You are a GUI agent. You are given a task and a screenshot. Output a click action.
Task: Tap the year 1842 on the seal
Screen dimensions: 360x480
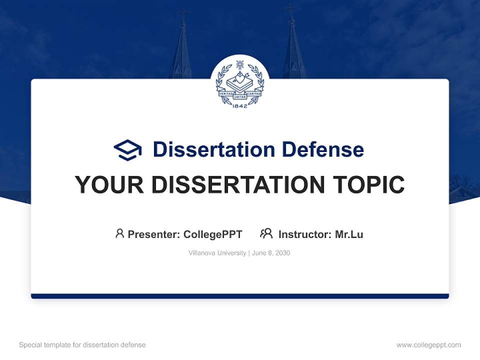click(240, 106)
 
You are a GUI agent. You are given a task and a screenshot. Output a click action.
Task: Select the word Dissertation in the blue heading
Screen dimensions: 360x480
click(213, 149)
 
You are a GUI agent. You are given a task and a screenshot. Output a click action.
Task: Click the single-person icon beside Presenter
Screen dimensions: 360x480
click(119, 233)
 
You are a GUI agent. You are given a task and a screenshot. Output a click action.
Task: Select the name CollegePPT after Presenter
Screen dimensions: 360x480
click(213, 234)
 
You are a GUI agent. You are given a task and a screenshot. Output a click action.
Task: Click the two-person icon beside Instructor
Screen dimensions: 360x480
click(266, 233)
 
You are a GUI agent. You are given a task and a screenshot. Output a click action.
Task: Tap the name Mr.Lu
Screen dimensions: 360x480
click(349, 234)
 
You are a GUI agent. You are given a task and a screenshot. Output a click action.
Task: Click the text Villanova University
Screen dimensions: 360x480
click(217, 253)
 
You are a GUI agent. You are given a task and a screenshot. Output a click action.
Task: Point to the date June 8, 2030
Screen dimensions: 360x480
click(271, 253)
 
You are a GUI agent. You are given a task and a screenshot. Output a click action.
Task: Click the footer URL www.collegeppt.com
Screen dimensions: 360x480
click(428, 345)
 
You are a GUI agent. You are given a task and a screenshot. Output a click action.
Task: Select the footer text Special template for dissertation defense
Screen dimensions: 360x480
click(82, 345)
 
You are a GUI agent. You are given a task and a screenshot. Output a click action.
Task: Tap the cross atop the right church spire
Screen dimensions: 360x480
click(290, 8)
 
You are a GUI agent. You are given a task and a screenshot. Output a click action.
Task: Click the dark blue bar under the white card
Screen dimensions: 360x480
click(240, 296)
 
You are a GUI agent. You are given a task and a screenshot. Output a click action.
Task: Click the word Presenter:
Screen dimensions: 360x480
click(154, 234)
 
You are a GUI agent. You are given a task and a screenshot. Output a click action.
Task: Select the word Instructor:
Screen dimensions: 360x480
click(305, 234)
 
